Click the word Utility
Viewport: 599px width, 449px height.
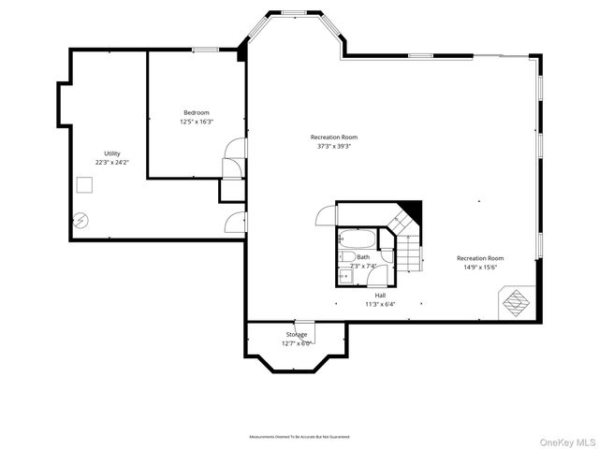coord(111,153)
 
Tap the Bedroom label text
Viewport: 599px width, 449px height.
coord(197,113)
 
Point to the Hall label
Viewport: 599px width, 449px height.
coord(381,295)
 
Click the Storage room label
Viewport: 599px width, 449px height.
coord(296,334)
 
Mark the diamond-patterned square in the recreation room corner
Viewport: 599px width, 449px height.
coord(517,301)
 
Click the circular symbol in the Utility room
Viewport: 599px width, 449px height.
coord(81,221)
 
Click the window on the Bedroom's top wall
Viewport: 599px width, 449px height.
coord(206,49)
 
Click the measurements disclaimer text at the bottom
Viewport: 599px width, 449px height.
coord(299,437)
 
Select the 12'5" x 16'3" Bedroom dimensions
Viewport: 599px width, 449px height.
coord(197,122)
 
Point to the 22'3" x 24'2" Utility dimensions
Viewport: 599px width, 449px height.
coord(111,162)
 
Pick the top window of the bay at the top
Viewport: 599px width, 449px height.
coord(295,13)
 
